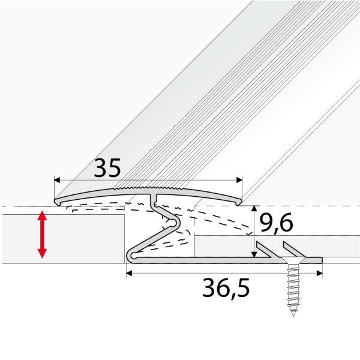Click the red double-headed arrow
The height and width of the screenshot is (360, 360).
click(x=42, y=234)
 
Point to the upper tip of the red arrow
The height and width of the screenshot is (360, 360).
click(x=42, y=212)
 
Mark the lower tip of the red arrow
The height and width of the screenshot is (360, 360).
click(x=42, y=257)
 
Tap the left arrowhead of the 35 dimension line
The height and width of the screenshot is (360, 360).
click(x=58, y=179)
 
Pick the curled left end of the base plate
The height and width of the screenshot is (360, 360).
click(x=128, y=258)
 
